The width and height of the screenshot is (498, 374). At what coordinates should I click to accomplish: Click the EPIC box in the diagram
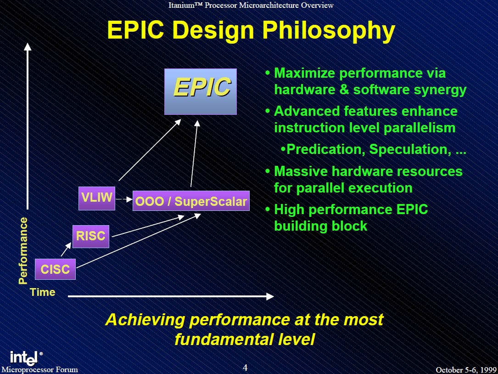(201, 91)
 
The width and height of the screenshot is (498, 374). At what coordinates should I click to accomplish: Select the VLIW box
(97, 198)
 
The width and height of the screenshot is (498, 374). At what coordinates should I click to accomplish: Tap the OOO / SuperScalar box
(191, 201)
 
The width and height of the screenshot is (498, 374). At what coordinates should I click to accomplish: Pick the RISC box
(91, 236)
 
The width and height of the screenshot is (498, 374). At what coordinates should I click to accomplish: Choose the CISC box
(55, 269)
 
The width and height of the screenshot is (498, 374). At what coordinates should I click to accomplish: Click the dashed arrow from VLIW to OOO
(124, 199)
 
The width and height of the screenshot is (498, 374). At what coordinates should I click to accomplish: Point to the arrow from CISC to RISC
(66, 249)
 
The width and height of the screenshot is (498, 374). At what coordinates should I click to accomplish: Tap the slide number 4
(245, 368)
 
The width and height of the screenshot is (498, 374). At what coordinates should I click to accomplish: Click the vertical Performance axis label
(23, 250)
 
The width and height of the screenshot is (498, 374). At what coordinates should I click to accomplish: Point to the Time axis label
(43, 292)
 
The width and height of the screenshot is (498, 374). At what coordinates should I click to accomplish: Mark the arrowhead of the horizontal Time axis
(270, 296)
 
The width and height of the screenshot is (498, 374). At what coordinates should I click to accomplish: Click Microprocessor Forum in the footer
(39, 369)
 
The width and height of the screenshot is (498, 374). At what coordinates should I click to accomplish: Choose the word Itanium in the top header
(180, 5)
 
